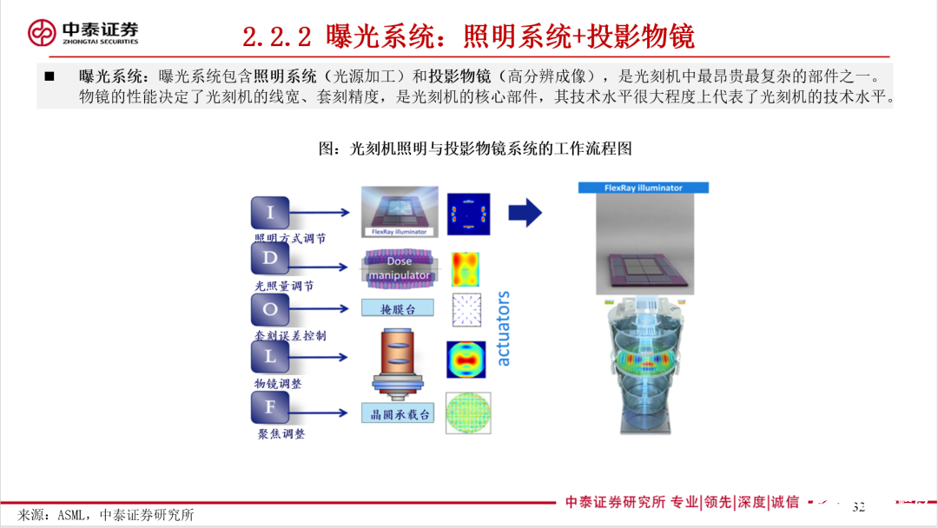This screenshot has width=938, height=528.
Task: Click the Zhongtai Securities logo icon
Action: (42, 33)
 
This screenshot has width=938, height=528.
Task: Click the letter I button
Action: (270, 213)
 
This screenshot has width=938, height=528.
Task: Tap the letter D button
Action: (270, 259)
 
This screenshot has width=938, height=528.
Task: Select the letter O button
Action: (270, 308)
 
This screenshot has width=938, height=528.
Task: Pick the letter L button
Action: (270, 356)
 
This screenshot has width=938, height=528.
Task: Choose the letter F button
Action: (270, 406)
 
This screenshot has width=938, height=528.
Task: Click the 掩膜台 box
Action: (397, 308)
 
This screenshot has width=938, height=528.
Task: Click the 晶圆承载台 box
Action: (397, 413)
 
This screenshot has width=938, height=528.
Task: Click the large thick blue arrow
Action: (525, 212)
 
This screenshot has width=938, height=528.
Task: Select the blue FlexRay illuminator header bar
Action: (644, 188)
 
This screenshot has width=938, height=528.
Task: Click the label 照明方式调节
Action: (290, 238)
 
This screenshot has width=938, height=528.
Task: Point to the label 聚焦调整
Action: (281, 432)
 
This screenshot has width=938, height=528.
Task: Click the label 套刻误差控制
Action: (290, 335)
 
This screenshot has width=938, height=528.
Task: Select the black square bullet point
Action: (50, 77)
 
